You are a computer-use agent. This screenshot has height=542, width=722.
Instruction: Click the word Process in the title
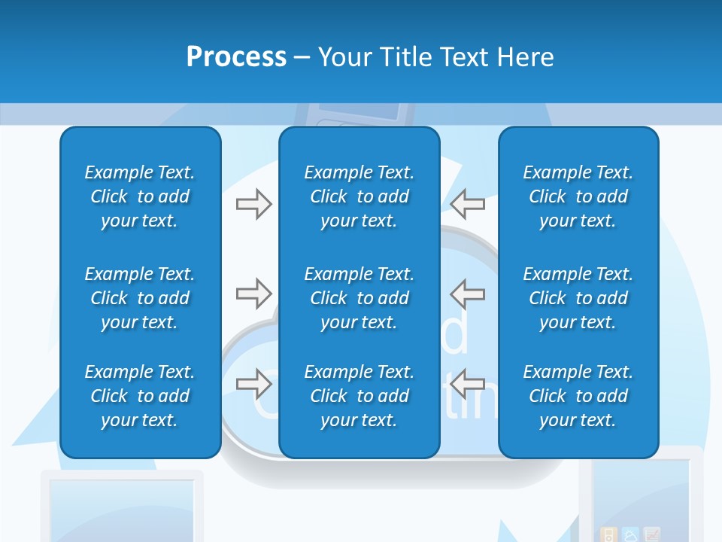pos(236,57)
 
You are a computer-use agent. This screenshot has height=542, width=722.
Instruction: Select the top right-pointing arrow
pos(253,204)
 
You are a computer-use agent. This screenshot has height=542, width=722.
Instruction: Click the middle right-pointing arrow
pos(253,294)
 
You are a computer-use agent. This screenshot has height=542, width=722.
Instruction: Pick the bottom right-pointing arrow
pos(253,385)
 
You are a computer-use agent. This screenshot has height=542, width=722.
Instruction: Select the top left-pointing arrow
pos(468,204)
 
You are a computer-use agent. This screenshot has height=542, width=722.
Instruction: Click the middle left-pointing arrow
pos(468,294)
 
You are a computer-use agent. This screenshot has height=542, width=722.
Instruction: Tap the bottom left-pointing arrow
pos(468,385)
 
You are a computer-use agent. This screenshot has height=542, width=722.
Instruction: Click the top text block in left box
pos(140,196)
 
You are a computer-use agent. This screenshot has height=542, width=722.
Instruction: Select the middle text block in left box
pos(140,298)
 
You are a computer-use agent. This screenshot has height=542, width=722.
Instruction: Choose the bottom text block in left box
pos(140,396)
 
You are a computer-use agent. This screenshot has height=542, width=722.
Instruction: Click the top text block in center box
pos(359,196)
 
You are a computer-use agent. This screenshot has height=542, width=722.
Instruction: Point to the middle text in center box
pos(359,298)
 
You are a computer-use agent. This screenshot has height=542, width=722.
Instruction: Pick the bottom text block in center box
pos(359,396)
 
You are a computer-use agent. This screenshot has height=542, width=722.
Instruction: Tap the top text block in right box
pos(578,196)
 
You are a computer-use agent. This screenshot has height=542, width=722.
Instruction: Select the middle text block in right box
pos(578,298)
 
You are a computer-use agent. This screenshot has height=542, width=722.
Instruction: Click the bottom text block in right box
pos(578,396)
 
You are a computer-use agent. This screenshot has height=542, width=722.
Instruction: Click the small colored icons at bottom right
pos(630,534)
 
